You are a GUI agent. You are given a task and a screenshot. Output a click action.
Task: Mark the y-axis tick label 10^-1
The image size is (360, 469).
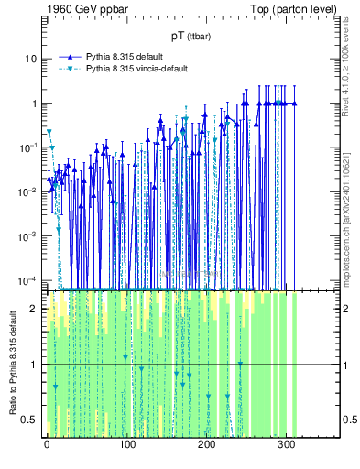point(28,147)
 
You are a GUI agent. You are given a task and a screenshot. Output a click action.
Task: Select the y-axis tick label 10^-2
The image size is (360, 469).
point(28,191)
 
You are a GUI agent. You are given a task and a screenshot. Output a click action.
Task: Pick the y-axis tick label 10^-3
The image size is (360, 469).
point(28,235)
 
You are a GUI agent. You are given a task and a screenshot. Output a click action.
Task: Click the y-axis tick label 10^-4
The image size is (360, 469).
point(28,279)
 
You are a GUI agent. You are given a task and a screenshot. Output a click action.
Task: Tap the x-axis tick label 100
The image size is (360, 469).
point(126,447)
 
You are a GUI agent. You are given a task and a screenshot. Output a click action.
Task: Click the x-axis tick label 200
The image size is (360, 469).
point(206,447)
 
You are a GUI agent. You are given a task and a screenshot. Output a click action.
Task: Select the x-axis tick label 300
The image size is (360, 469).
point(286,447)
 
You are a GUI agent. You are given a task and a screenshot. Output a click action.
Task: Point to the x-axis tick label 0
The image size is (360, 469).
point(47,447)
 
